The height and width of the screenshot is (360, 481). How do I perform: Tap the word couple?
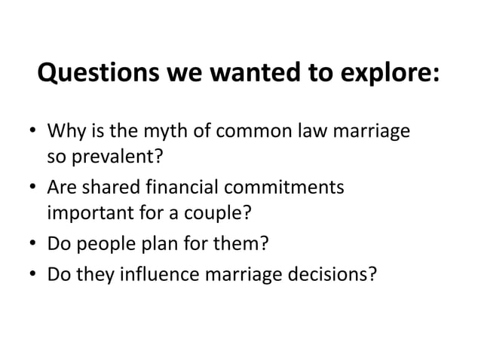pos(216,212)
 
